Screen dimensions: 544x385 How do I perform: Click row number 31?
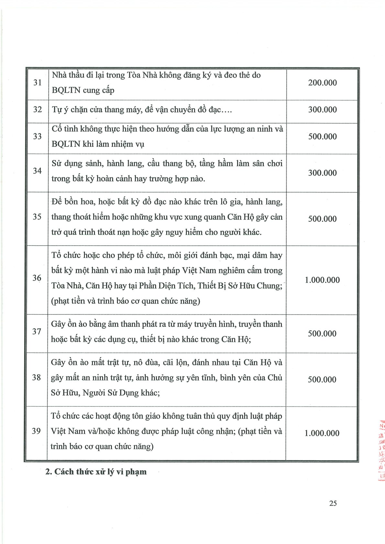tap(38, 83)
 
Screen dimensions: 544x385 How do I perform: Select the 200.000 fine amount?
tap(322, 83)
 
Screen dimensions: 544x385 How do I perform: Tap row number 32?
tap(38, 110)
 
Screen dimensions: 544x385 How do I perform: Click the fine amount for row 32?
tap(322, 110)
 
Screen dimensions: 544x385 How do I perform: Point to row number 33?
tap(38, 136)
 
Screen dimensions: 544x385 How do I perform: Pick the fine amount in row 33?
tap(322, 136)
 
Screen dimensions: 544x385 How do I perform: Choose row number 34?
tap(38, 171)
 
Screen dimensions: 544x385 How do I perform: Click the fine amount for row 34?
tap(322, 173)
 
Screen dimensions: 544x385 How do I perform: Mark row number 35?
tap(37, 217)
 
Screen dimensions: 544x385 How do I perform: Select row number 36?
tap(37, 278)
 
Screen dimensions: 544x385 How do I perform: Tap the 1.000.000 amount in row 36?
tap(322, 280)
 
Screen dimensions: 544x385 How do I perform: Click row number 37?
tap(37, 332)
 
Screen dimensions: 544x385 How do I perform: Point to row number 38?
tap(37, 378)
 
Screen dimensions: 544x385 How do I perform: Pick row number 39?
tap(36, 431)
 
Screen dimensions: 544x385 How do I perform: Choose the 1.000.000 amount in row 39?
tap(322, 433)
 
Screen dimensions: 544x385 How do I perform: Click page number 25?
tap(333, 503)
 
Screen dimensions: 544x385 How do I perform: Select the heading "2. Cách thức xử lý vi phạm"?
tap(96, 472)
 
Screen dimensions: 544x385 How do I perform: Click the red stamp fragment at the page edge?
tap(382, 449)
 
